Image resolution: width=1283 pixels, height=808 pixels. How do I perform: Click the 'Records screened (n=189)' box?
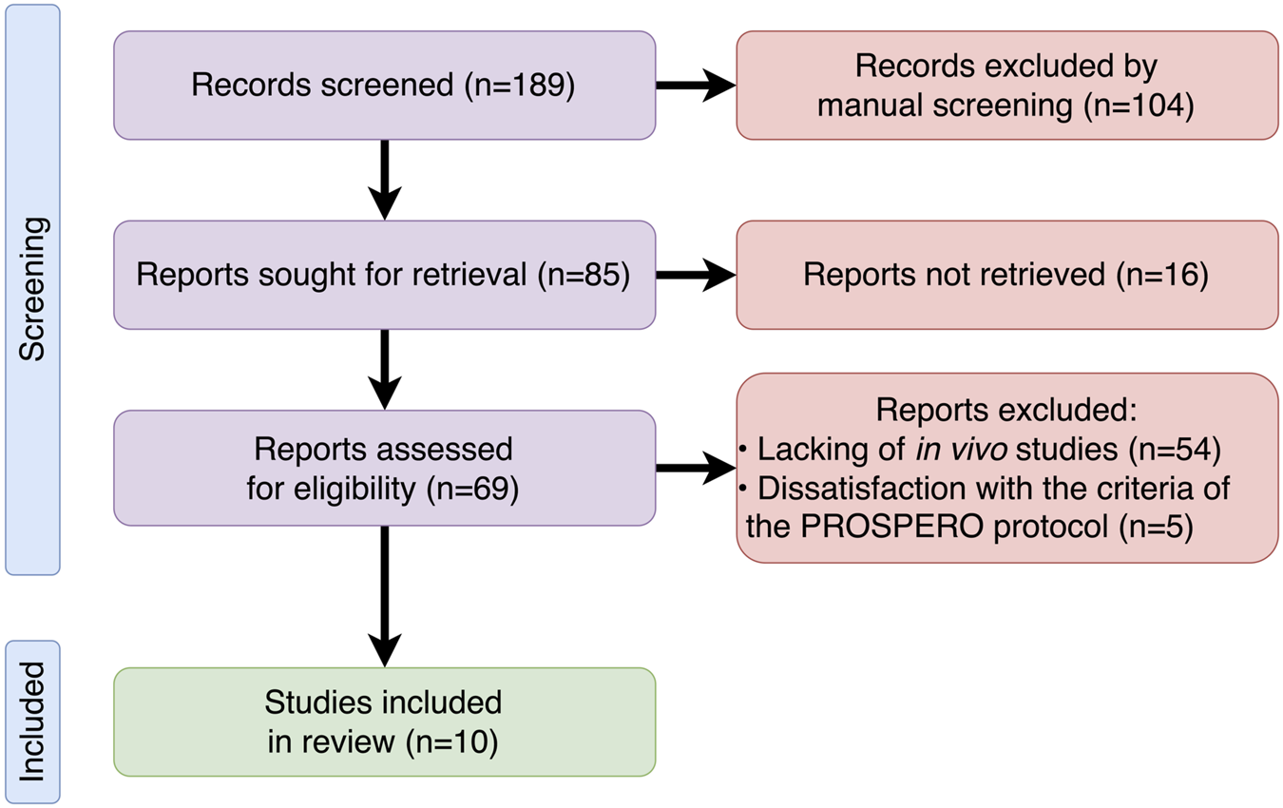[384, 86]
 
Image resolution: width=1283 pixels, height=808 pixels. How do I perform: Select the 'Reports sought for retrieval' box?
[384, 276]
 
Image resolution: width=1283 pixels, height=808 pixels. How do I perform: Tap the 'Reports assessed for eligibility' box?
[384, 468]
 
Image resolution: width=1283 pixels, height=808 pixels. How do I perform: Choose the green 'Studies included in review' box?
[384, 722]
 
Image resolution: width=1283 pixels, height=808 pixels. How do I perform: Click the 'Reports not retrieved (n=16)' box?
[1006, 276]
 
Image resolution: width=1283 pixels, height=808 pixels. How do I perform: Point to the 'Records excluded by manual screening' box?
[1006, 86]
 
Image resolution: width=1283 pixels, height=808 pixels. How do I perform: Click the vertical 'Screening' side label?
[32, 290]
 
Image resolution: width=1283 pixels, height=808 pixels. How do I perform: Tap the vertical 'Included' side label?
[32, 722]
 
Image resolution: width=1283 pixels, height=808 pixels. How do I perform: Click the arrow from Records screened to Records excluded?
[696, 86]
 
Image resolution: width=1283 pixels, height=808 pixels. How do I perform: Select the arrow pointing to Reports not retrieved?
[696, 276]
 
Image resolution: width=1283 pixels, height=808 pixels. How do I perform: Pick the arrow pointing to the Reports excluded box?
[696, 468]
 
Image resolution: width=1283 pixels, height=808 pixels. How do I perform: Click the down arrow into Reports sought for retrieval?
[384, 181]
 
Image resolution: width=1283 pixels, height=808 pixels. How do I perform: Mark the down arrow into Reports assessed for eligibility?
[384, 371]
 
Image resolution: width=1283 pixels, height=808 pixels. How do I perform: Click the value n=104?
[1138, 106]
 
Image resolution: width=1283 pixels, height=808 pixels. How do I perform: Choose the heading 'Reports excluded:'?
[1006, 410]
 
